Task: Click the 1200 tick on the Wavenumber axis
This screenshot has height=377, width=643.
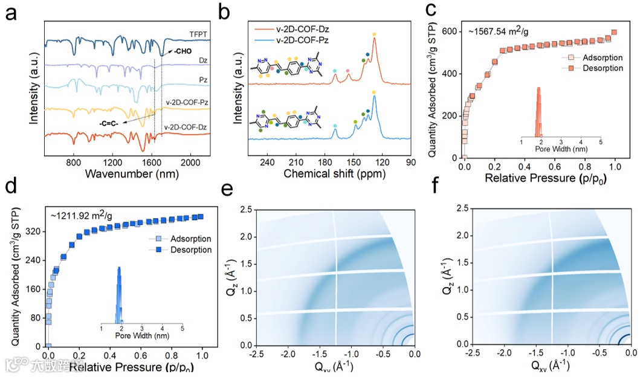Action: pos(113,163)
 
